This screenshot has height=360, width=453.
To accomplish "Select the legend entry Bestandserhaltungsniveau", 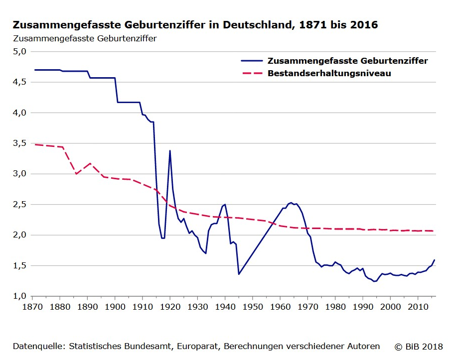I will click(x=329, y=73).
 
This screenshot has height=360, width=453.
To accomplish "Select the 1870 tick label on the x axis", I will click(x=32, y=306).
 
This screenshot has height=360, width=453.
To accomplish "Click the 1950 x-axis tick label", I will click(x=253, y=306).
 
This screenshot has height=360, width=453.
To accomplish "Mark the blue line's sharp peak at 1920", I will click(x=170, y=150).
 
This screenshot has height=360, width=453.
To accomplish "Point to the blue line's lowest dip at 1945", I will click(x=239, y=274).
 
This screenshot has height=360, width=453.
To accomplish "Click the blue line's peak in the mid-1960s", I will click(x=291, y=203).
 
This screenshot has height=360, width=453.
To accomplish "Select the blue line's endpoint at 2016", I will click(x=435, y=260).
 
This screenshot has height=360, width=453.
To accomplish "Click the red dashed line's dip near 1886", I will click(x=76, y=174).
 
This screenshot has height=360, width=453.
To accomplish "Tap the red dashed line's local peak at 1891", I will click(x=90, y=163).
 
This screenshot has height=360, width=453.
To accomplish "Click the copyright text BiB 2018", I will click(x=419, y=346).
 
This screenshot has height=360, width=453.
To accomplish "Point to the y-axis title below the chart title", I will click(x=85, y=38).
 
